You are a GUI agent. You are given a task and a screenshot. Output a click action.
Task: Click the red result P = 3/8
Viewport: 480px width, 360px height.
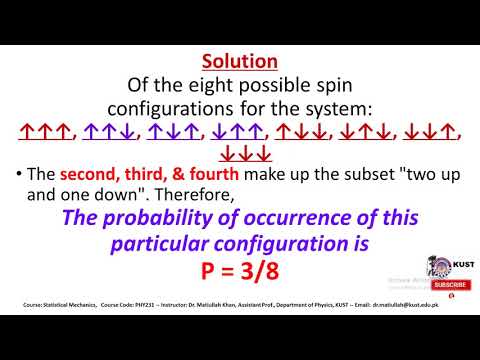tap(239, 273)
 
